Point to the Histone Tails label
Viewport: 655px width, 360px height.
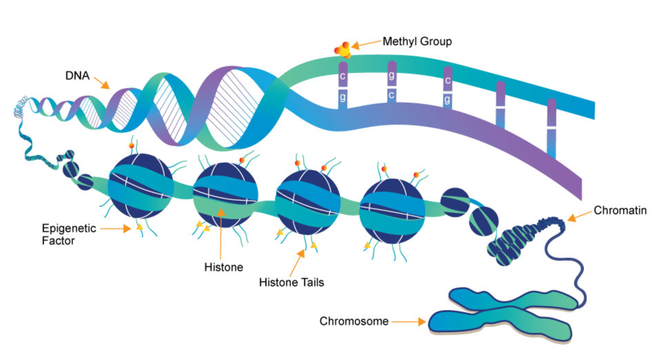[291, 282]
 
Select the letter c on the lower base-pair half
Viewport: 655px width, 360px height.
[392, 95]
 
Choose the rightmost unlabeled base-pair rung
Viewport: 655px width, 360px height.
[551, 128]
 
